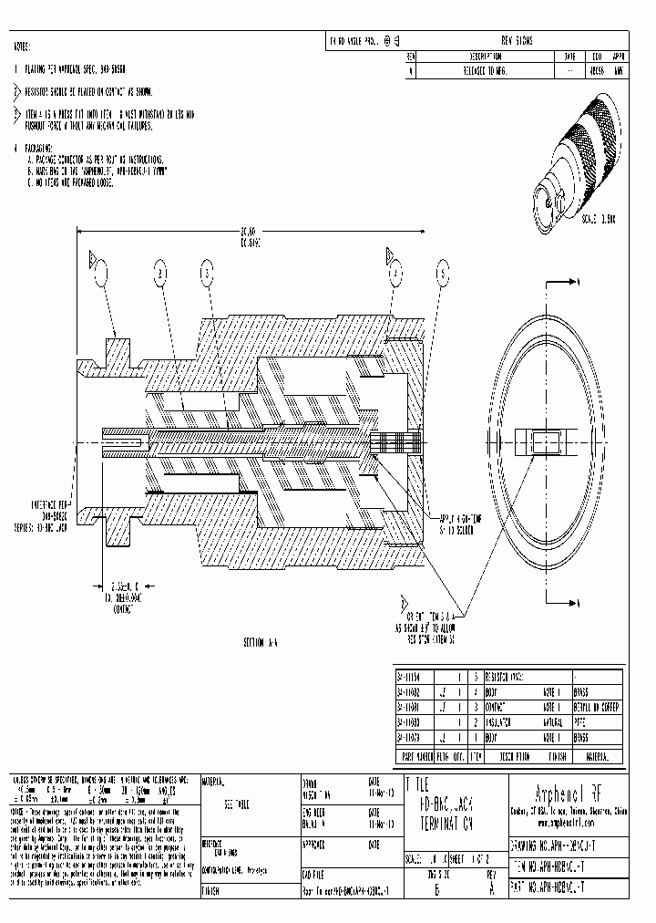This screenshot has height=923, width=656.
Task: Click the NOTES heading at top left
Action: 22,45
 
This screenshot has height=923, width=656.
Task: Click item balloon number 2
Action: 160,272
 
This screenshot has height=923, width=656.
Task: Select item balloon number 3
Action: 207,272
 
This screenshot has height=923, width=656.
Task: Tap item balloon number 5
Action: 444,272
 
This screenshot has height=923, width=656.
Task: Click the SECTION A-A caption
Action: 260,642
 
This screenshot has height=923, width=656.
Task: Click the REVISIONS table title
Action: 517,41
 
